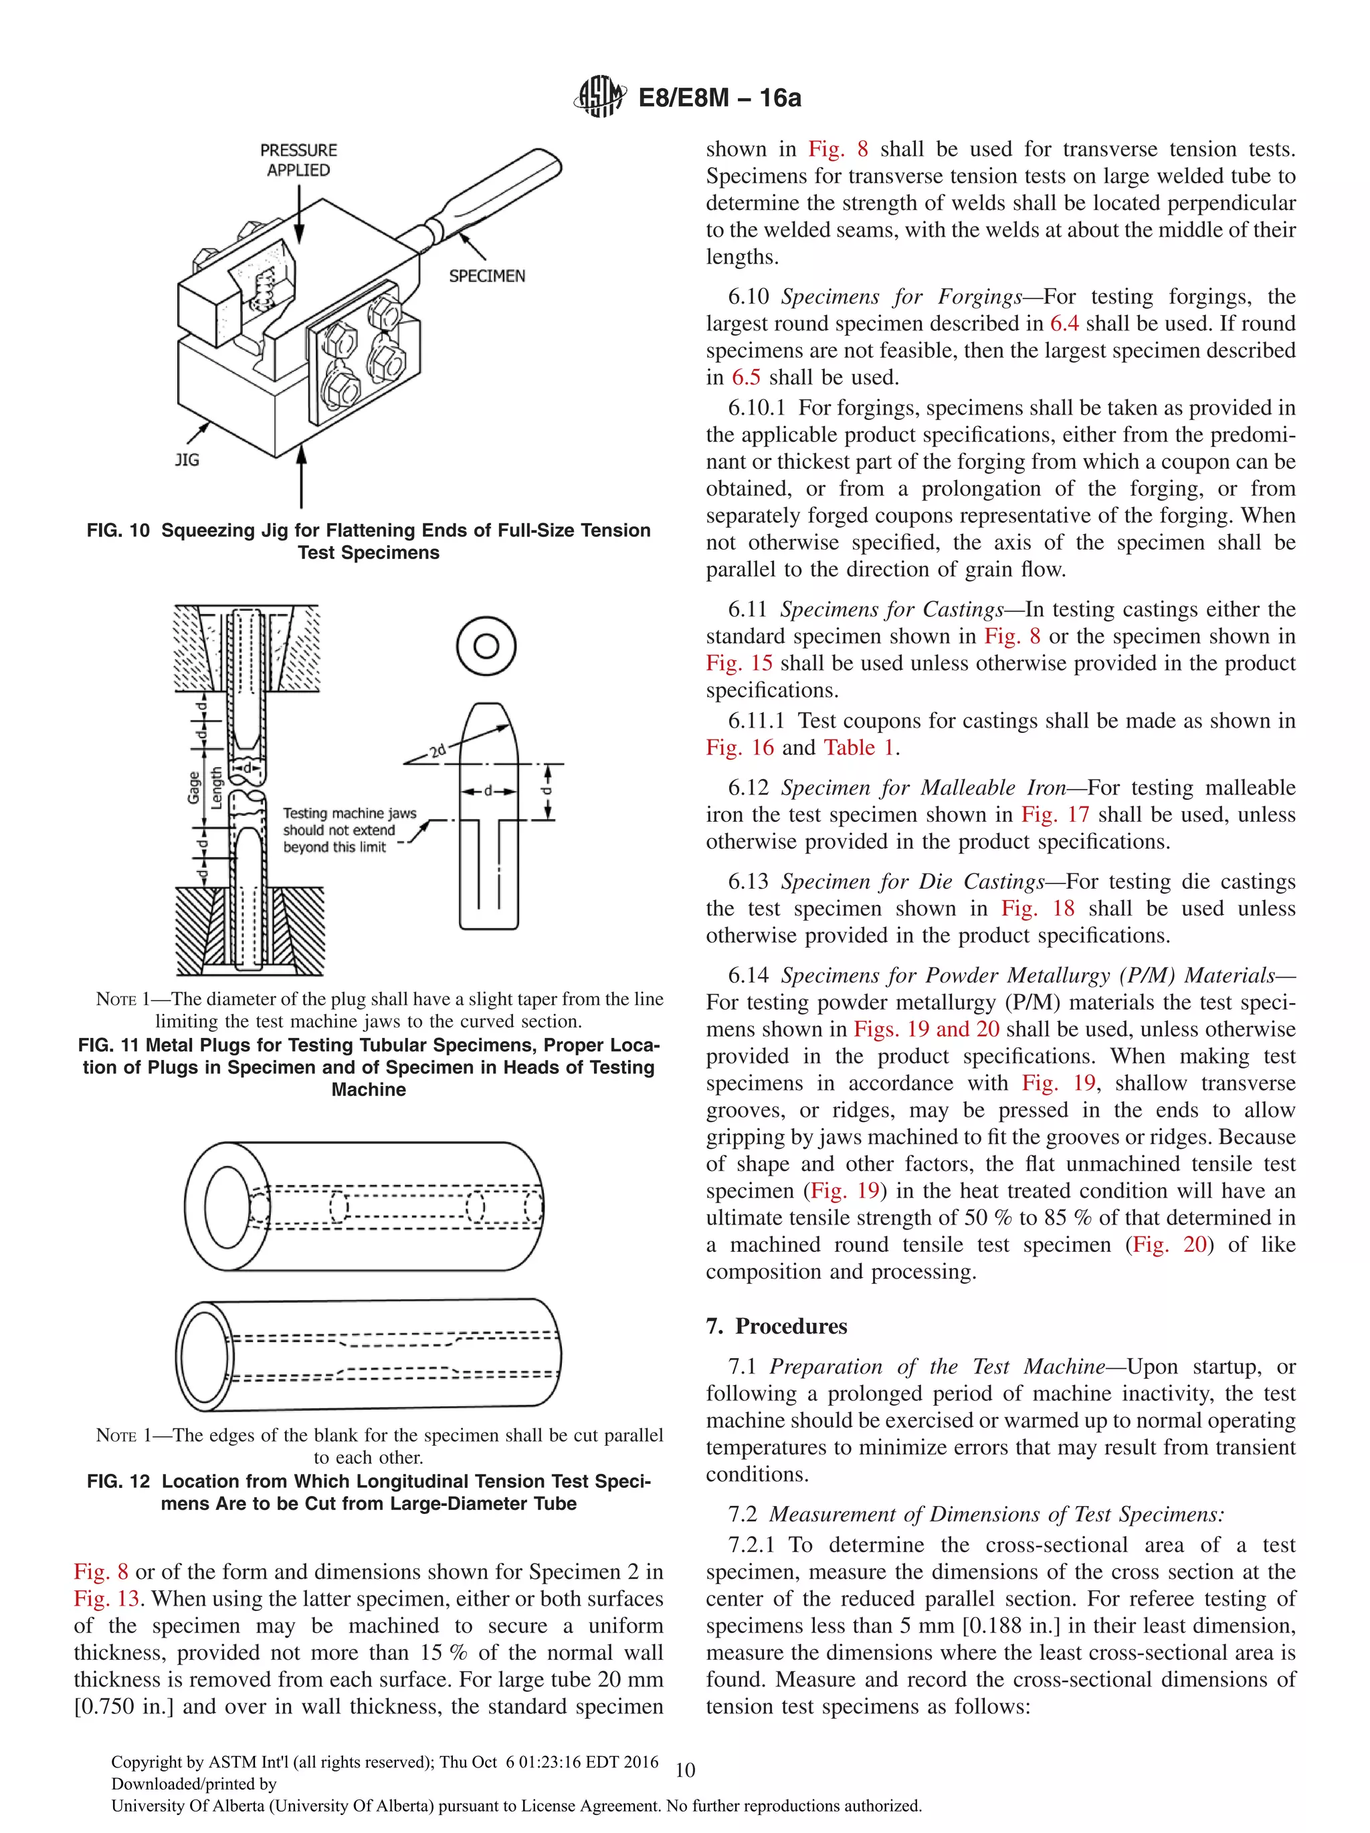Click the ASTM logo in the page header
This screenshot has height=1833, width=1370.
click(599, 97)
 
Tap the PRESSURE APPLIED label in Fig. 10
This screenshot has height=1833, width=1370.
click(298, 160)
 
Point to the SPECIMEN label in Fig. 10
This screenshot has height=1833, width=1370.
click(486, 276)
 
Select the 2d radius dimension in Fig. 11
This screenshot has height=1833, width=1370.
click(437, 752)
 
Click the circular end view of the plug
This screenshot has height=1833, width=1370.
click(486, 645)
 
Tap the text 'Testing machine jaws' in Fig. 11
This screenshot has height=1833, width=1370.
click(349, 814)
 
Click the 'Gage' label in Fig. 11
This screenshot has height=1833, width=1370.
click(194, 787)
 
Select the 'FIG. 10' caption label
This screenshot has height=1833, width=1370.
click(118, 530)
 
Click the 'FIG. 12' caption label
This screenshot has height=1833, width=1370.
click(118, 1481)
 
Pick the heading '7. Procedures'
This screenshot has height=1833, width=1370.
click(776, 1326)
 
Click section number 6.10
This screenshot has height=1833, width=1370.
click(749, 297)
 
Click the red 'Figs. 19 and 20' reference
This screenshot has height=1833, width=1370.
click(926, 1029)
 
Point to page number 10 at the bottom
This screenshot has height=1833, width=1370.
click(684, 1770)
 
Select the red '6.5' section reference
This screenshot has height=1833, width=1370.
click(745, 378)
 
